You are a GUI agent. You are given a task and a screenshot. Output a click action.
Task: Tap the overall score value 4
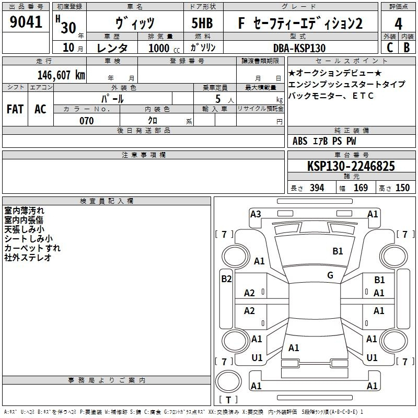399,24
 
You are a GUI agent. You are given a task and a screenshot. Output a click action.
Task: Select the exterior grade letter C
389,47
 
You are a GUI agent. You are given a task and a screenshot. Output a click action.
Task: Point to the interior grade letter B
407,47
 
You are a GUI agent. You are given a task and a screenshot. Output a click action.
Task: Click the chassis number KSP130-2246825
351,167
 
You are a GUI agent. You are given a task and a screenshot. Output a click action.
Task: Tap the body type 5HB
202,24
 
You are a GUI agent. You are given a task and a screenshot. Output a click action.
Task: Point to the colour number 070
86,121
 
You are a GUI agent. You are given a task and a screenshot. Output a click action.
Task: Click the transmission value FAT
15,109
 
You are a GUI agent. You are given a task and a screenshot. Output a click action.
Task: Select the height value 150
402,188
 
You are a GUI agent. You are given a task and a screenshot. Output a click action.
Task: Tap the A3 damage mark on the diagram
256,214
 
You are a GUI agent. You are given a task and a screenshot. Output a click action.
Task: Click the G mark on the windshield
330,275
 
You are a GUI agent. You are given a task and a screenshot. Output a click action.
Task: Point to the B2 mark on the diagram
226,279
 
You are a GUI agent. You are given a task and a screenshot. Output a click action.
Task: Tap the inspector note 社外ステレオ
28,258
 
